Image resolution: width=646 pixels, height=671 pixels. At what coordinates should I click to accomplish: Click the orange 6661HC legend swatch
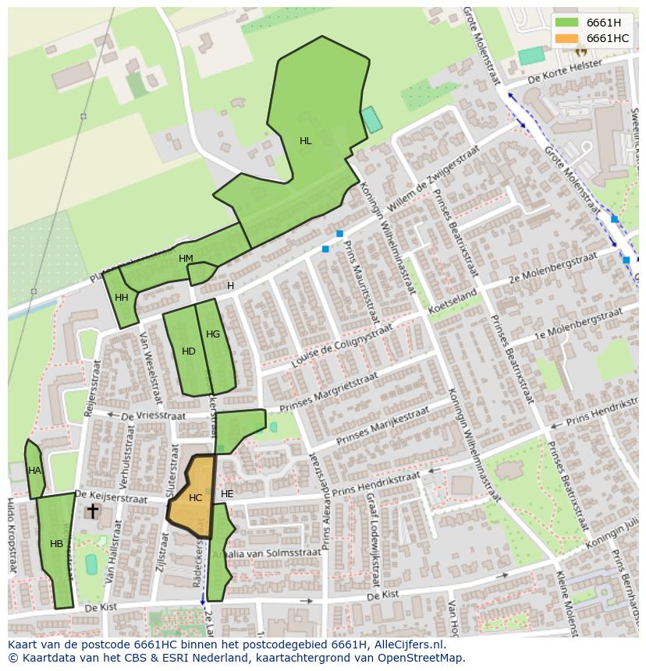coord(567,38)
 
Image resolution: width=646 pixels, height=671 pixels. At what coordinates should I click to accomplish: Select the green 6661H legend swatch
coord(567,23)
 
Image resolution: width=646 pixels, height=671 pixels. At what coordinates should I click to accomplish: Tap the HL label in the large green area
coord(306,141)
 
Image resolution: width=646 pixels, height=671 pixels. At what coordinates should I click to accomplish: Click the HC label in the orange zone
coord(195,498)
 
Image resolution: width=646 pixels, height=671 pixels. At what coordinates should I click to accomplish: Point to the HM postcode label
coord(186,259)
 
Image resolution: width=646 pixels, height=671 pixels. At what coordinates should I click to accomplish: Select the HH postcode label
coord(122,298)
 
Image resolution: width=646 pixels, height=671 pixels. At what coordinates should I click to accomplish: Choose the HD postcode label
coord(189,351)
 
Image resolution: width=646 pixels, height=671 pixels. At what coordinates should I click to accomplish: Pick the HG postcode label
coord(213,334)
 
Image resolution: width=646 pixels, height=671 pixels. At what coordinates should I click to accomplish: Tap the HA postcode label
coord(34,471)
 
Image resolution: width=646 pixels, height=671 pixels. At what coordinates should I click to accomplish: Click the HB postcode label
coord(56,544)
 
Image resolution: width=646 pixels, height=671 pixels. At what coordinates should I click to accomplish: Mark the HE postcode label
coord(227,494)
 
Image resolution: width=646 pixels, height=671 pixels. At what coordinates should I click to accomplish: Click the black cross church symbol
coord(93,511)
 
